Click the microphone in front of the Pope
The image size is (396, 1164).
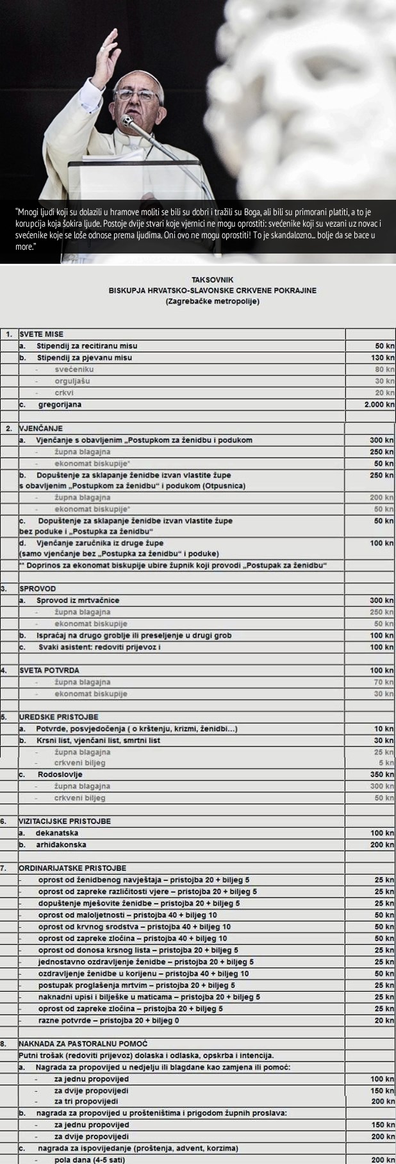click(128, 120)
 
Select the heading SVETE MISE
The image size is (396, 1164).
click(42, 334)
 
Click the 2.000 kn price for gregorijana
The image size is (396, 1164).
click(378, 405)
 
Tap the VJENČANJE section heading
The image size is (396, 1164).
click(41, 428)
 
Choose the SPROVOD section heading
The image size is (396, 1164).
click(38, 588)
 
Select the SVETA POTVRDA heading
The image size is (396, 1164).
click(49, 670)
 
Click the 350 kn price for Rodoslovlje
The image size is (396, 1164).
click(383, 775)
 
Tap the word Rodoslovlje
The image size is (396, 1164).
click(60, 775)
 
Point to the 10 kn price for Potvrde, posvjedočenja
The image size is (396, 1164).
click(384, 729)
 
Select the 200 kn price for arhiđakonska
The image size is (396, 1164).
click(383, 845)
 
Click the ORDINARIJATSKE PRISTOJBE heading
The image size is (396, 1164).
click(72, 868)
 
